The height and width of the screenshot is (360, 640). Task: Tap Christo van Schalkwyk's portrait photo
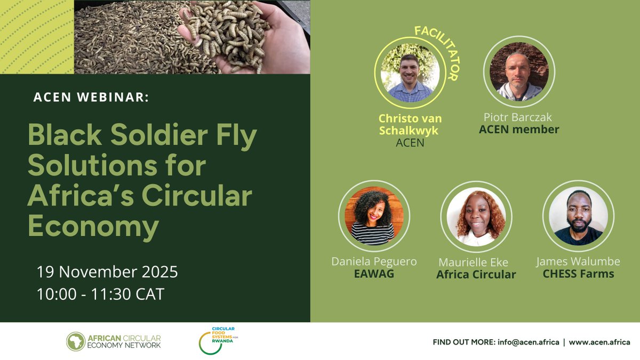pos(410,75)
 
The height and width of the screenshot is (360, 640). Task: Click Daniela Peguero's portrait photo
pos(373,215)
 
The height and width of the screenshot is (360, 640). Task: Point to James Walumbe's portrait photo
pos(578,215)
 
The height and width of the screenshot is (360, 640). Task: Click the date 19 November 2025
pos(107,272)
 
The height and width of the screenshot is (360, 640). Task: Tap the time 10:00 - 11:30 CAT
pos(100,294)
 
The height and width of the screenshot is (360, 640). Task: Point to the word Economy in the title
pos(93,227)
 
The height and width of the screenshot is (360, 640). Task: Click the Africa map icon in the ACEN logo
pos(75,341)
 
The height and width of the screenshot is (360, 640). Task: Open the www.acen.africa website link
pos(599,342)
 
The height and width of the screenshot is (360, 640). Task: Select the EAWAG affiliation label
pos(373,275)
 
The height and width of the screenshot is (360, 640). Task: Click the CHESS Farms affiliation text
pos(579,275)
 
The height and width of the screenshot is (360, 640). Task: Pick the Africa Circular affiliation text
pos(476,275)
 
